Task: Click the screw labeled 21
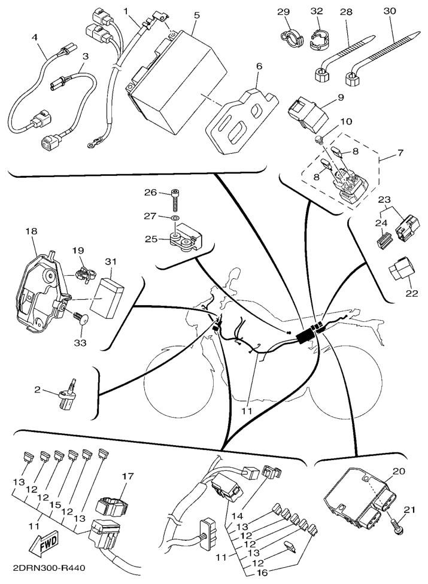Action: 396,525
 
